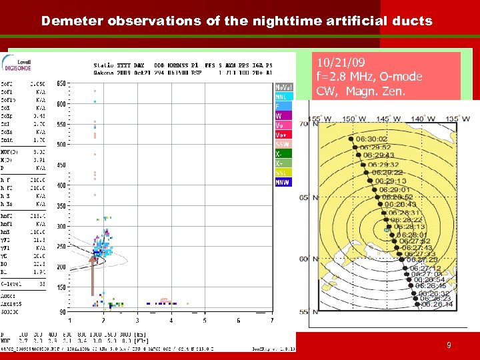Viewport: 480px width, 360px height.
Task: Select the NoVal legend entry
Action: tap(283, 87)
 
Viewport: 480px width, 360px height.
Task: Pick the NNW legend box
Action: tap(283, 182)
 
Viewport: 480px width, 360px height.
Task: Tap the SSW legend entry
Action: tap(283, 144)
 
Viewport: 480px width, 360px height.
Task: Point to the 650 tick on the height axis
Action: tap(60, 83)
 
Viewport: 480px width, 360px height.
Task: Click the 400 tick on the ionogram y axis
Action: tap(60, 185)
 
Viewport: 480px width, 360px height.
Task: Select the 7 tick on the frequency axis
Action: tap(271, 321)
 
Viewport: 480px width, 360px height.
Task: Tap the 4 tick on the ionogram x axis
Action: tap(170, 321)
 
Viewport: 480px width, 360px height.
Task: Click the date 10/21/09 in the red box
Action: tap(343, 63)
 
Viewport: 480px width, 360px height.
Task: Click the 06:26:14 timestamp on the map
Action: tap(436, 304)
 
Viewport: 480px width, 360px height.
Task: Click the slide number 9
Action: tap(449, 345)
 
